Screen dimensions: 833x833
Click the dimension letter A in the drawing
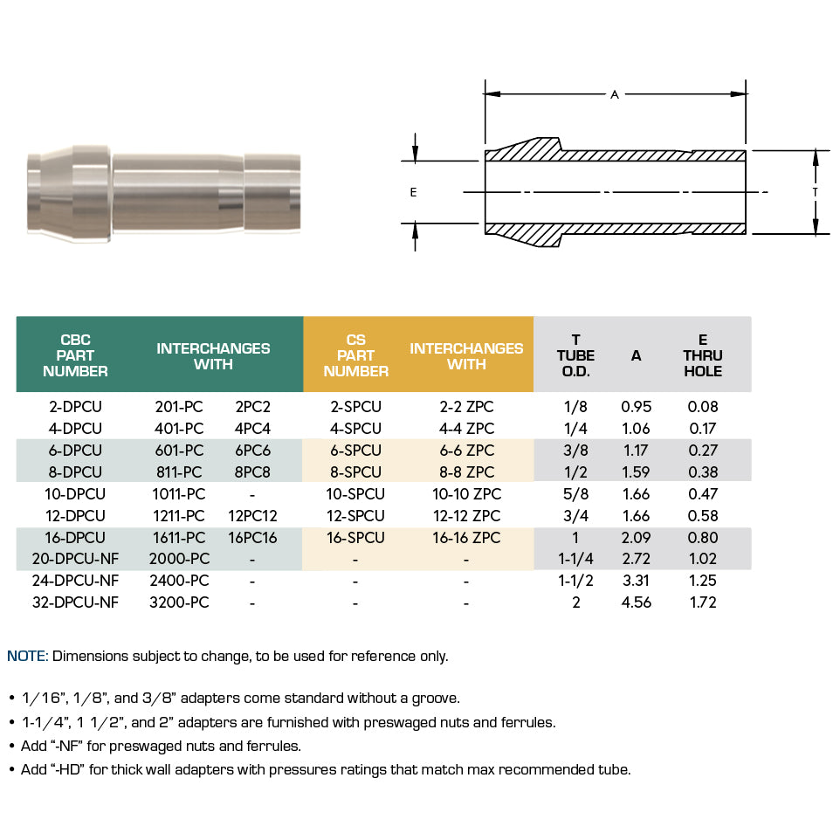coord(615,94)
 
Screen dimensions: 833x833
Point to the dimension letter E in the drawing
coord(413,193)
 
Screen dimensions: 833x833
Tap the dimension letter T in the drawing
coord(815,191)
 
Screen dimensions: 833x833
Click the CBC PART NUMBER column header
coord(75,355)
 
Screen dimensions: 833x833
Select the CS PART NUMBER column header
coord(355,355)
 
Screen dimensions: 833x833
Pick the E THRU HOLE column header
coord(703,355)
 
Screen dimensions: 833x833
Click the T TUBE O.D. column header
coord(575,355)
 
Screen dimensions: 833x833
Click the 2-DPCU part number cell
coord(75,407)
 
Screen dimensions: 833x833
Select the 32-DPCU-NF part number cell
coord(75,602)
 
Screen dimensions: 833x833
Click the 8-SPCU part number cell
coord(355,472)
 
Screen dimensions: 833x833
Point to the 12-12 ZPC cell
coord(466,516)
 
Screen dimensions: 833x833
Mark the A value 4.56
coord(636,602)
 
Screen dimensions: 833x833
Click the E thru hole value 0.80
coord(703,538)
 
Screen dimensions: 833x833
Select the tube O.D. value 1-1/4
coord(575,560)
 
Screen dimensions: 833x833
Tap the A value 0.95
coord(636,407)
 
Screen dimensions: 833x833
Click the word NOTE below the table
coord(27,657)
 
